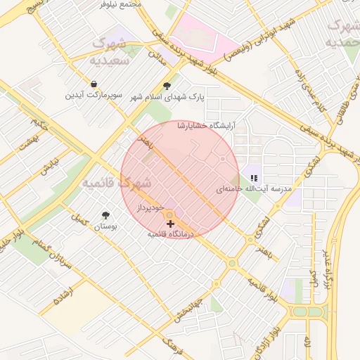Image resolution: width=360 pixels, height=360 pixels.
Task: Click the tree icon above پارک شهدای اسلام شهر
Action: [167, 86]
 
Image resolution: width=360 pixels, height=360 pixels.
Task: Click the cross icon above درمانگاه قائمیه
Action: [170, 223]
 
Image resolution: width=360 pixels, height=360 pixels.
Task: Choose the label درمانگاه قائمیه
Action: [170, 233]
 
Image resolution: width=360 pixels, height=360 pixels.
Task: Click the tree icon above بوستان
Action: [106, 215]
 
